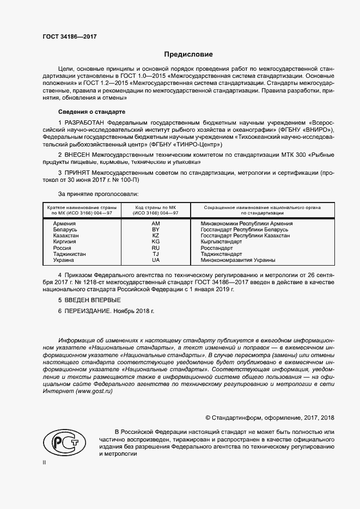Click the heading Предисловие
tap(188, 54)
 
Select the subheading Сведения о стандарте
tap(89, 112)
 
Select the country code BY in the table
tap(155, 230)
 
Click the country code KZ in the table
tap(155, 236)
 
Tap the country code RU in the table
tap(155, 248)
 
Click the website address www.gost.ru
tap(96, 393)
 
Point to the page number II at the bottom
tap(45, 462)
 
